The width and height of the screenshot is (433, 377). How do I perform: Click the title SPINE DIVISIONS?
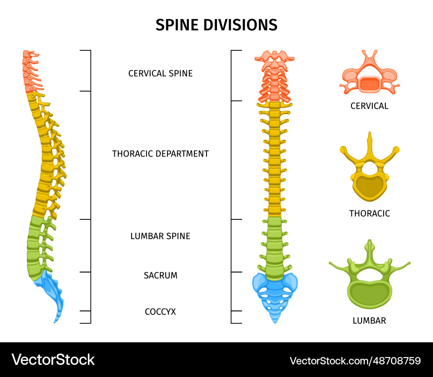(x=216, y=25)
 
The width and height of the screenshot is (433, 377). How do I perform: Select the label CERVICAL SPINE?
(x=160, y=73)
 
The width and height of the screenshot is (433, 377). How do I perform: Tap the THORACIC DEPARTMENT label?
(x=160, y=154)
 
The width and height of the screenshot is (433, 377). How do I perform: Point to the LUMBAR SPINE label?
(x=160, y=236)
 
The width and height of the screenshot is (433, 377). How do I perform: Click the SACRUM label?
(x=160, y=275)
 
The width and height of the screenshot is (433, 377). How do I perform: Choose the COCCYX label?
(x=160, y=311)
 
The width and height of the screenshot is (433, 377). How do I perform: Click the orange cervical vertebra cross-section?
(x=369, y=78)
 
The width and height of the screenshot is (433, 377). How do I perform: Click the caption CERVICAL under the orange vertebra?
(x=369, y=106)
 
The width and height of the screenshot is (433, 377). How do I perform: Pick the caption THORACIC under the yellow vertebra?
(x=369, y=213)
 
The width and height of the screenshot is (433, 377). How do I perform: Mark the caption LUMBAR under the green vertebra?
(x=369, y=321)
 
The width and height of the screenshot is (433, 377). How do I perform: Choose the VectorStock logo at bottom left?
(x=53, y=360)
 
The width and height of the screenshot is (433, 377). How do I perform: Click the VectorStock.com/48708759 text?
(x=355, y=361)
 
